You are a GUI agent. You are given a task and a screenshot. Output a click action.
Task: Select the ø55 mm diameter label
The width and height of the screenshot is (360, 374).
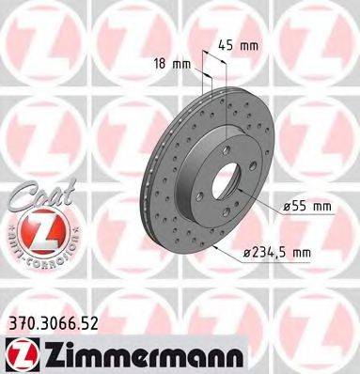(x=308, y=204)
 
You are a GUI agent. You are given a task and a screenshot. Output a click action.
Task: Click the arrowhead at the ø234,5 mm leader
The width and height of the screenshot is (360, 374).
(x=217, y=246)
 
